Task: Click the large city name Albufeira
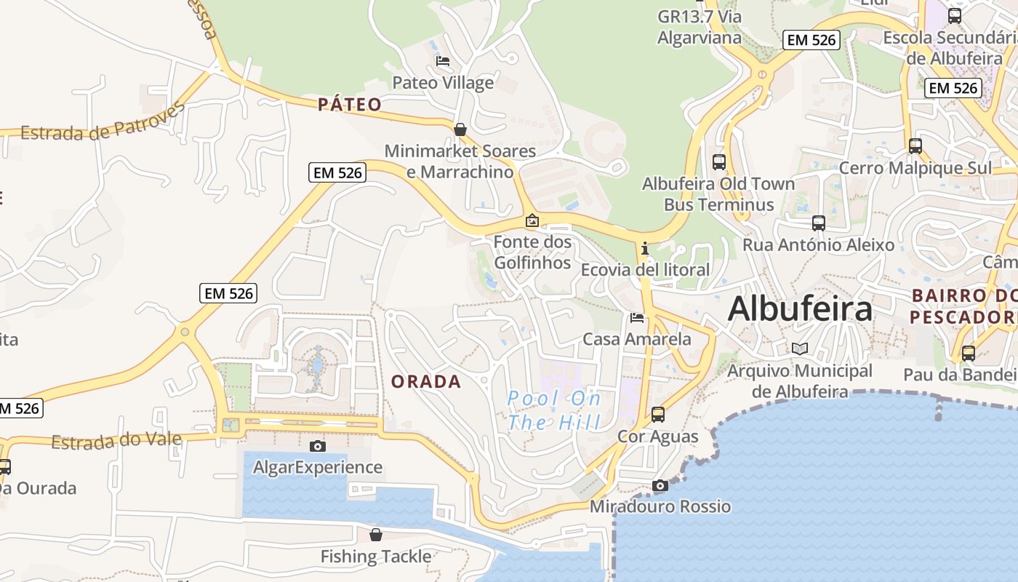pos(800,308)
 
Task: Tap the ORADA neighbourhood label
pos(426,381)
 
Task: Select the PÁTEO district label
pos(350,105)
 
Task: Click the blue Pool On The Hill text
pos(554,410)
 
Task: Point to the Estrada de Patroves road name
pos(103,124)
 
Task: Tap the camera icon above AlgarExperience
pos(318,446)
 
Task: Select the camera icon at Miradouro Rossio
pos(660,485)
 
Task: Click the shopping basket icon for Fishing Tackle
pos(376,535)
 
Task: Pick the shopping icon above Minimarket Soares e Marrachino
pos(460,129)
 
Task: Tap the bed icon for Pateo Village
pos(442,61)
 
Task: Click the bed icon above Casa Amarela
pos(637,317)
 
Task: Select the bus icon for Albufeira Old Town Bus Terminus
pos(719,162)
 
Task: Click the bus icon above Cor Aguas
pos(658,415)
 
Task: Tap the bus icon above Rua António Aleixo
pos(819,223)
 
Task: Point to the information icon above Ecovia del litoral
pos(644,249)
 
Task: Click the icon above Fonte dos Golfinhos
pos(532,220)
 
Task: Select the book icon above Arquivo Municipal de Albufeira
pos(800,349)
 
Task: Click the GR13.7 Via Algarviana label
pos(700,27)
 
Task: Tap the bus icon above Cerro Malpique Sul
pos(915,146)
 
